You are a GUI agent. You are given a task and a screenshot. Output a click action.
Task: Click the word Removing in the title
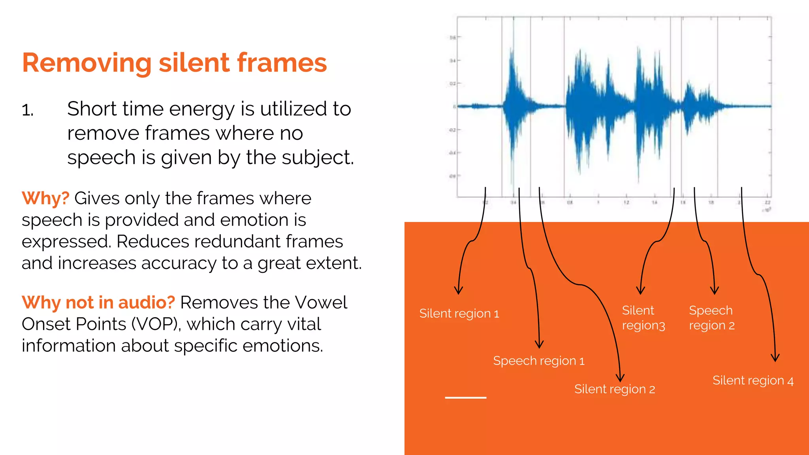[87, 63]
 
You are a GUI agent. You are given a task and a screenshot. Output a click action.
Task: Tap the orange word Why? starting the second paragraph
[45, 198]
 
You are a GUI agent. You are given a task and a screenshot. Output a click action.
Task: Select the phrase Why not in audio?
[98, 303]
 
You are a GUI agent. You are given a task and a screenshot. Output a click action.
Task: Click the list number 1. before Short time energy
[28, 110]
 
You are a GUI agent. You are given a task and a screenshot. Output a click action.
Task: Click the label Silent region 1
[459, 314]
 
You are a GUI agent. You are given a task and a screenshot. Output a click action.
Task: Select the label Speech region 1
[538, 361]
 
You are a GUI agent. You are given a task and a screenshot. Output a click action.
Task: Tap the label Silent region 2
[615, 389]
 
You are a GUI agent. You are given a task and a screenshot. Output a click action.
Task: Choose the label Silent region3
[643, 318]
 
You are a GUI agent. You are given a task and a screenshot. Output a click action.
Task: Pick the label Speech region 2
[711, 318]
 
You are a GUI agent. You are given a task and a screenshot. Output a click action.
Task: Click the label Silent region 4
[753, 381]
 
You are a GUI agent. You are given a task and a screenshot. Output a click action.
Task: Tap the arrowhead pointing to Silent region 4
[775, 359]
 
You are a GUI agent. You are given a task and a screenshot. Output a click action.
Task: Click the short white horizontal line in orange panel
[465, 397]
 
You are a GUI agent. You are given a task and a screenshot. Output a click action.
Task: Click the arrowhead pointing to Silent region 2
[620, 378]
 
